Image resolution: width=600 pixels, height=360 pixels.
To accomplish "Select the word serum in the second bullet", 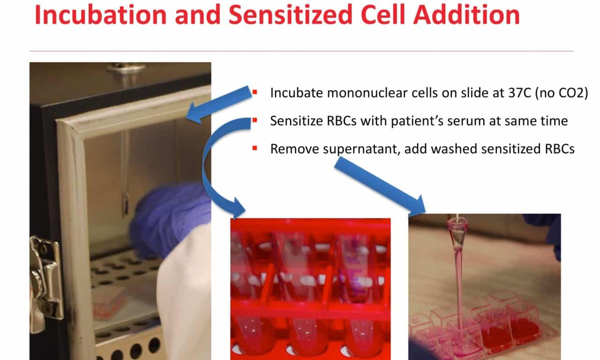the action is click(x=466, y=121).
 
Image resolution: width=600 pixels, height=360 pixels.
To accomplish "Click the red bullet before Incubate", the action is click(x=255, y=92).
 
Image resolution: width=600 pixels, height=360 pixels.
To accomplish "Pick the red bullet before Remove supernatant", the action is click(x=255, y=148).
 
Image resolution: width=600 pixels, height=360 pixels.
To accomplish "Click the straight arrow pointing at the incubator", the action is click(x=219, y=105).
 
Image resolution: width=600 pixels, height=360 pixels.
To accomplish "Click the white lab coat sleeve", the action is click(x=185, y=295).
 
